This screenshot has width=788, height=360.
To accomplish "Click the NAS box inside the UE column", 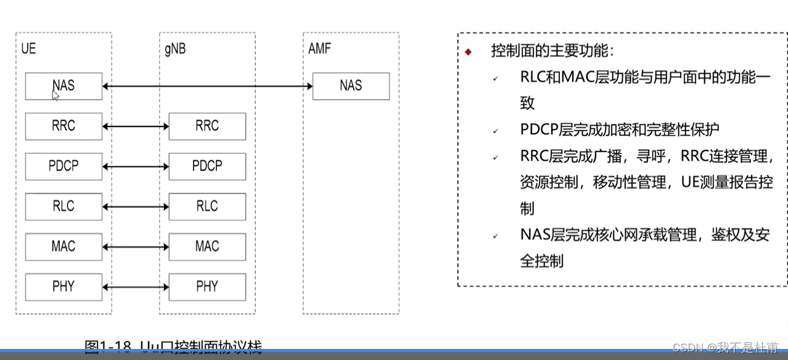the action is click(64, 86).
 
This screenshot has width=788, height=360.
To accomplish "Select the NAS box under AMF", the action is click(351, 86).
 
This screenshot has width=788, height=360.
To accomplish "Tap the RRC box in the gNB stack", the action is click(207, 126).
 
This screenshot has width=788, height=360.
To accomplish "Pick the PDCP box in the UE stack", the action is click(64, 166).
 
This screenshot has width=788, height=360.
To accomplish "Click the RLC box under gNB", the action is click(207, 207).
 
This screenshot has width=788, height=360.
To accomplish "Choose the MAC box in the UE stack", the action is click(64, 247).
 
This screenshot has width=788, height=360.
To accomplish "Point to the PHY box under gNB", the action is click(207, 287).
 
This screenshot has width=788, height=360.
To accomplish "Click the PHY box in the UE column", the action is click(64, 287).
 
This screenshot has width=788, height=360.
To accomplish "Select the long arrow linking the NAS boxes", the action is click(208, 86).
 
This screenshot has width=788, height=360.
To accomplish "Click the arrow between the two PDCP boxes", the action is click(136, 166).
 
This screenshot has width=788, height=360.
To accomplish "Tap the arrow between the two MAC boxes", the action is click(136, 247).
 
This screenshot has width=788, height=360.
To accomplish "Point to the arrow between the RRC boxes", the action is click(136, 126).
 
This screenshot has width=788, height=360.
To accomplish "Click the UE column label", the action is click(28, 49).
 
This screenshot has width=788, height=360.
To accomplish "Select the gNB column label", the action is click(174, 49).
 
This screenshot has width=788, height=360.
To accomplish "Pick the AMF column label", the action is click(319, 49).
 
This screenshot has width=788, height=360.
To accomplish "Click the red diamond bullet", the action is click(468, 52).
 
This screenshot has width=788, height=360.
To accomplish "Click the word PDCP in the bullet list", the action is click(539, 130).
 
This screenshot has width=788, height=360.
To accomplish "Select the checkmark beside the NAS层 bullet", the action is click(495, 236).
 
